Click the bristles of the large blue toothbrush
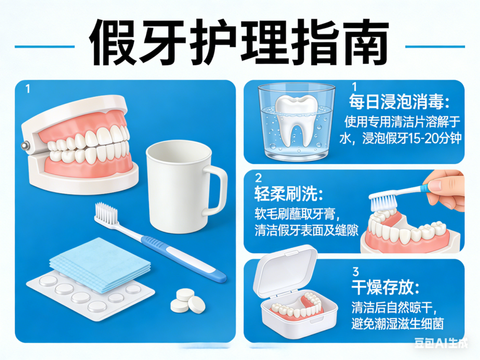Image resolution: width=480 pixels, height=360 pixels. (106, 212)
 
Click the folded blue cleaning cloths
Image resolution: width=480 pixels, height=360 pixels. (100, 265)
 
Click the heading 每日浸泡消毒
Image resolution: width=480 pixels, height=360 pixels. (400, 102)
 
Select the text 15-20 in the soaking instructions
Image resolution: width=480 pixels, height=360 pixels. (426, 139)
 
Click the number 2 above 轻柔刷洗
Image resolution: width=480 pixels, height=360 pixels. (258, 178)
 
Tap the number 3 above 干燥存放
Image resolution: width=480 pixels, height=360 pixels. (356, 272)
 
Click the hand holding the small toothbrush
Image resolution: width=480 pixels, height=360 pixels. (448, 191)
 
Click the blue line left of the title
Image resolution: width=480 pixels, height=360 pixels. (45, 47)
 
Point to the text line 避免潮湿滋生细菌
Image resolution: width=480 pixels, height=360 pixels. (397, 324)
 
